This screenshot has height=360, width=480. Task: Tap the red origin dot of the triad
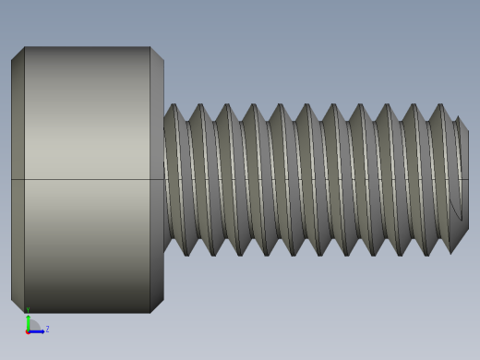click(28, 330)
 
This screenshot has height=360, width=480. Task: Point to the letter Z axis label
click(47, 329)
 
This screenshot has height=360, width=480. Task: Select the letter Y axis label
click(28, 310)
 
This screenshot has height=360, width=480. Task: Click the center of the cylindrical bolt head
click(87, 179)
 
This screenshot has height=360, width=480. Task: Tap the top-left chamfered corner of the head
click(18, 54)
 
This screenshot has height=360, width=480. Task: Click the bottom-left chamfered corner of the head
click(18, 306)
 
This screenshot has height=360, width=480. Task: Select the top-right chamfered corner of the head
click(157, 54)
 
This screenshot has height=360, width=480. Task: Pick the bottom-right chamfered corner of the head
click(157, 306)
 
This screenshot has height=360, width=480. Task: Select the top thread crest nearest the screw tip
click(439, 105)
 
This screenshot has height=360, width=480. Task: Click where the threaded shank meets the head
click(165, 179)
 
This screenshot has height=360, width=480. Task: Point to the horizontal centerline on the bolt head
click(87, 179)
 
